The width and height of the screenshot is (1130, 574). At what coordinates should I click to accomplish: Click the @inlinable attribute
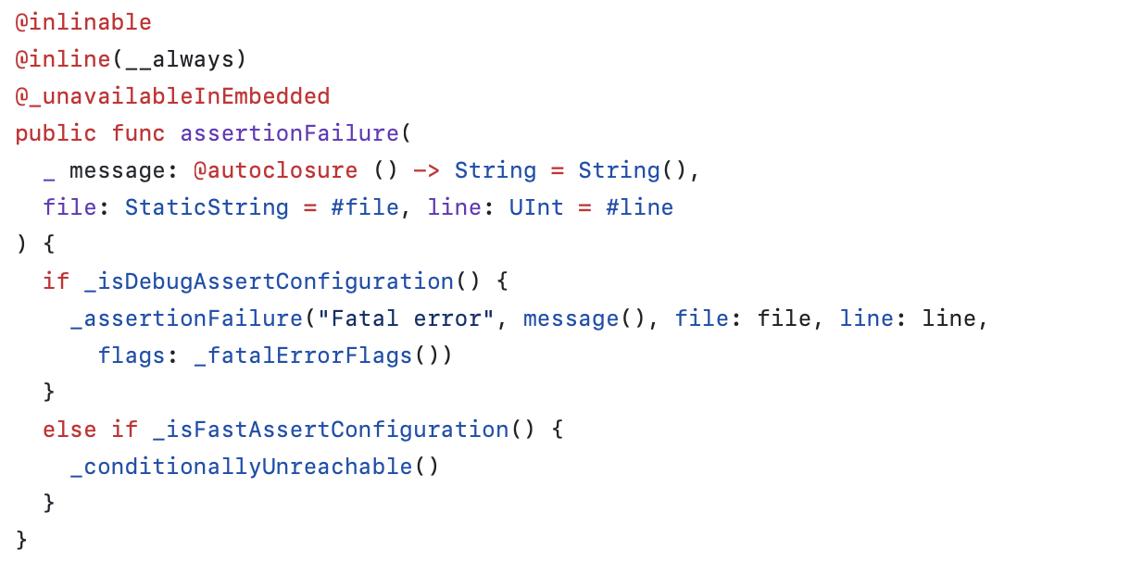[x=83, y=22]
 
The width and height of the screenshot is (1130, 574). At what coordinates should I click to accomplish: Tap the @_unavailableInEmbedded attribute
[x=172, y=96]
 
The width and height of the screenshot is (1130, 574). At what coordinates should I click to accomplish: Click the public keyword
[x=56, y=133]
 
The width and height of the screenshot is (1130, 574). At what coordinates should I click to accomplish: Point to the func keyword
[x=138, y=133]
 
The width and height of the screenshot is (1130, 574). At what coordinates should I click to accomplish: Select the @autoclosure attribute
[x=275, y=170]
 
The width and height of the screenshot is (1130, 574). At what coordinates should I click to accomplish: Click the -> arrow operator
[x=426, y=170]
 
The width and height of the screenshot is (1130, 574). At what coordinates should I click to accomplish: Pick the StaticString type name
[x=207, y=207]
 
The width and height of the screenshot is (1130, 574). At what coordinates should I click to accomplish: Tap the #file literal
[x=365, y=207]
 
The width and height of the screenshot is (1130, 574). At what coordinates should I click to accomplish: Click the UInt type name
[x=536, y=207]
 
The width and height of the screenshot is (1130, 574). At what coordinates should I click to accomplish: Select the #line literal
[x=639, y=207]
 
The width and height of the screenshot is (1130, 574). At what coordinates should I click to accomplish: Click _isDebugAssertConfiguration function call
[x=261, y=281]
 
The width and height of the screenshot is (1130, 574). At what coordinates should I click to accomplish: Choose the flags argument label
[x=132, y=356]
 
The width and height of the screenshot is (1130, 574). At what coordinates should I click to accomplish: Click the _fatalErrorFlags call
[x=302, y=356]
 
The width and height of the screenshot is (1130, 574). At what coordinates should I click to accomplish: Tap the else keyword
[x=69, y=430]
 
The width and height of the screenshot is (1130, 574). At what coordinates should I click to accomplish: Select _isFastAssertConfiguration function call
[x=330, y=430]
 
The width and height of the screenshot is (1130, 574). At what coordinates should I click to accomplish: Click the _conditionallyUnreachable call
[x=241, y=467]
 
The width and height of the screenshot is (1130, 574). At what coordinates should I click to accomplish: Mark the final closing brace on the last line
[x=21, y=539]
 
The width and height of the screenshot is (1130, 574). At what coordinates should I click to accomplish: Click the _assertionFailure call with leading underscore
[x=186, y=318]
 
